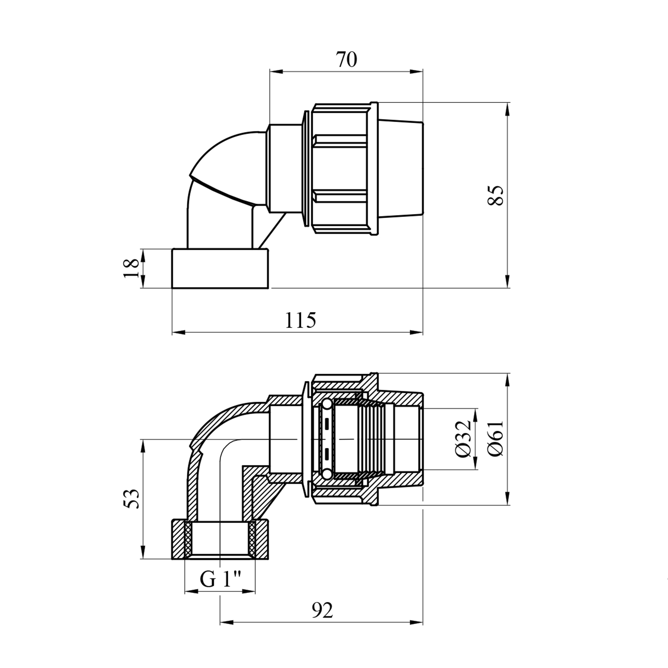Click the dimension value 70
coord(346,59)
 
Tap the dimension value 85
coord(495,195)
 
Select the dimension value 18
coord(131,268)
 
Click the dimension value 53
coord(132,499)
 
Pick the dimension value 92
coord(322,611)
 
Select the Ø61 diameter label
coord(495,438)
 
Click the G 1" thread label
coord(220,579)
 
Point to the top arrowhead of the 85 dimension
coord(508,108)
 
